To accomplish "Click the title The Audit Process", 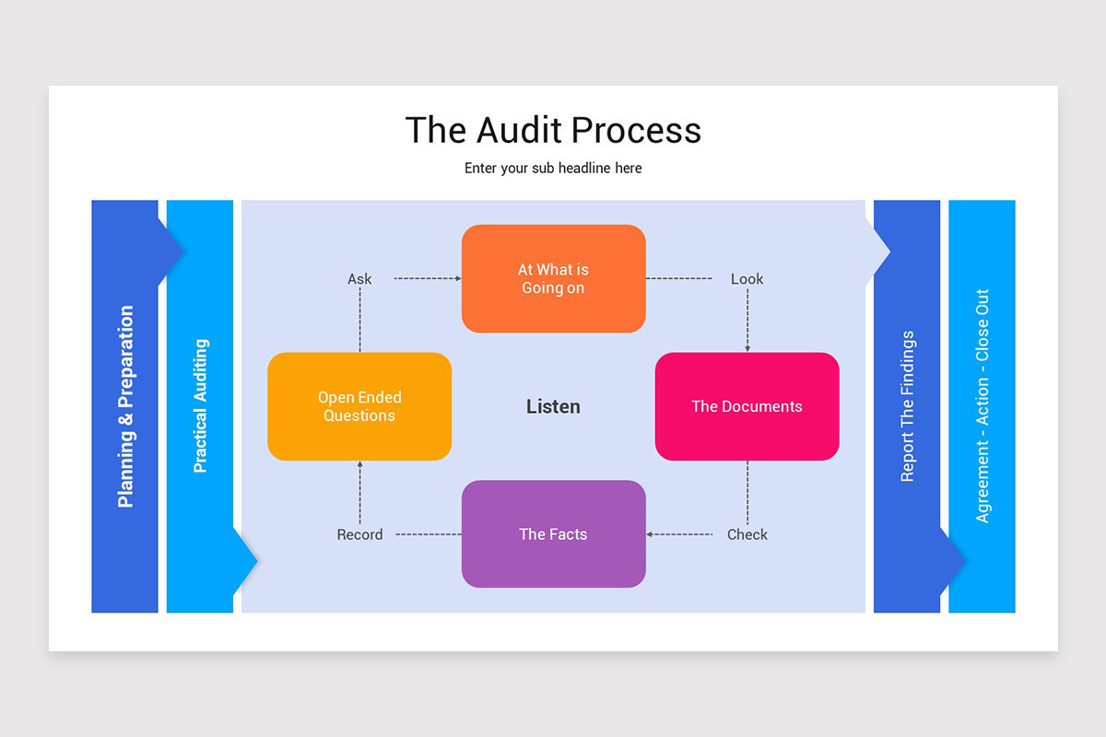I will (553, 130).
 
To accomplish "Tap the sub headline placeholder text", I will (553, 169).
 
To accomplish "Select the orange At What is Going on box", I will (553, 278).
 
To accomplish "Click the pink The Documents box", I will (747, 406).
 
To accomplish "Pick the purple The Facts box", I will (553, 534).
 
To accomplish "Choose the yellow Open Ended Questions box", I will (359, 406).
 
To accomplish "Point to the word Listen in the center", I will (553, 406).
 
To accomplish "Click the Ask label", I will (359, 279).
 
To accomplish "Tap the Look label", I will (747, 279).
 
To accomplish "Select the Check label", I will (747, 534).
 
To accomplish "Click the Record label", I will (359, 534).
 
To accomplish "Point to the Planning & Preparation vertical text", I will (125, 406).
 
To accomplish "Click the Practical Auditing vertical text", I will (200, 406).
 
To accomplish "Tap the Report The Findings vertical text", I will (907, 406).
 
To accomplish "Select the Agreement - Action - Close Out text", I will (982, 406).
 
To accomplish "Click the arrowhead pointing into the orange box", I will (457, 278).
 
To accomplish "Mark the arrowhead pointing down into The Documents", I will (747, 348).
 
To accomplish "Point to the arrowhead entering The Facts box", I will (650, 534).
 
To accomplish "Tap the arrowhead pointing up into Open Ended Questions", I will (359, 465).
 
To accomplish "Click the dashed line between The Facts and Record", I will (428, 534).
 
